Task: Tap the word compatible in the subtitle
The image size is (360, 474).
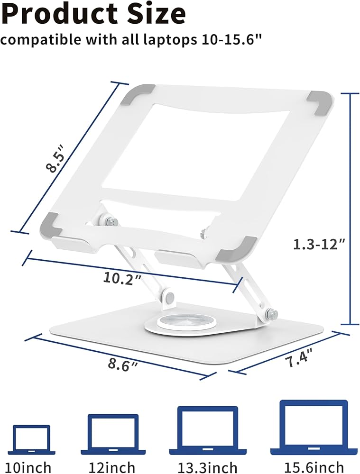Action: tap(40, 39)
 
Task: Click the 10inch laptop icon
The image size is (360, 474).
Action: tap(31, 440)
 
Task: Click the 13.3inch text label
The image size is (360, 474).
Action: tap(207, 467)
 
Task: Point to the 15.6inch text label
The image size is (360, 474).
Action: tap(314, 467)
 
